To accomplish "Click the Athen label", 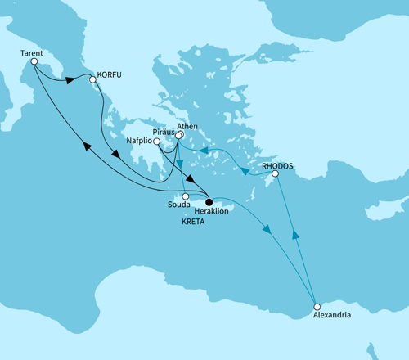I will pos(188,126).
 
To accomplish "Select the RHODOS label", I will pos(276,165).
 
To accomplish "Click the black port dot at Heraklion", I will pos(209,201).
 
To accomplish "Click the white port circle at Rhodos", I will pos(276,173).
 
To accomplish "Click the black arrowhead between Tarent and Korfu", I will pos(70,80).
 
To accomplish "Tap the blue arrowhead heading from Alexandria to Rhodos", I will pos(294,236).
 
